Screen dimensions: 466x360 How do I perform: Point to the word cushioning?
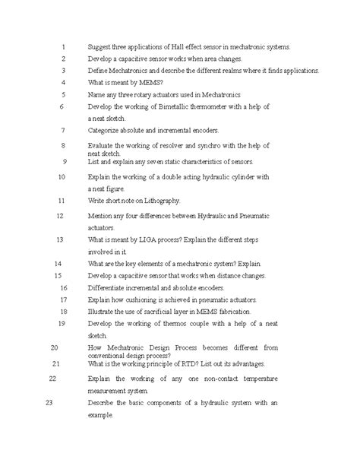coord(144,300)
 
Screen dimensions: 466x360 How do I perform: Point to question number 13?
coord(58,239)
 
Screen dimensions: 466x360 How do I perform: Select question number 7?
coord(63,131)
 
